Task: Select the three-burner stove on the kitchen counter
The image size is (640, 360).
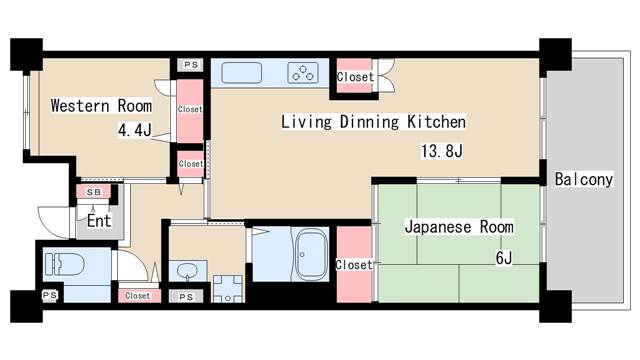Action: pyautogui.click(x=303, y=72)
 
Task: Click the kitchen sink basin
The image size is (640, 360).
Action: pyautogui.click(x=241, y=72)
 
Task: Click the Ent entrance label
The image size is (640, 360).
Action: pyautogui.click(x=98, y=220)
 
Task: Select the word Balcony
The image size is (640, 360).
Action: pyautogui.click(x=583, y=180)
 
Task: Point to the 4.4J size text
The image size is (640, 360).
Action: pyautogui.click(x=133, y=129)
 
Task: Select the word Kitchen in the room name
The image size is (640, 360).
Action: pyautogui.click(x=435, y=123)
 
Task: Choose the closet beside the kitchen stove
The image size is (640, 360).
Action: pyautogui.click(x=355, y=76)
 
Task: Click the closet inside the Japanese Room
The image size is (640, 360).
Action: pyautogui.click(x=353, y=264)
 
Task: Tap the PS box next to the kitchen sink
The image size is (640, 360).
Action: pyautogui.click(x=190, y=65)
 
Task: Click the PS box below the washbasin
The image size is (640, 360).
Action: pyautogui.click(x=186, y=296)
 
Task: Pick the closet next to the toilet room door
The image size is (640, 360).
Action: pyautogui.click(x=138, y=296)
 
